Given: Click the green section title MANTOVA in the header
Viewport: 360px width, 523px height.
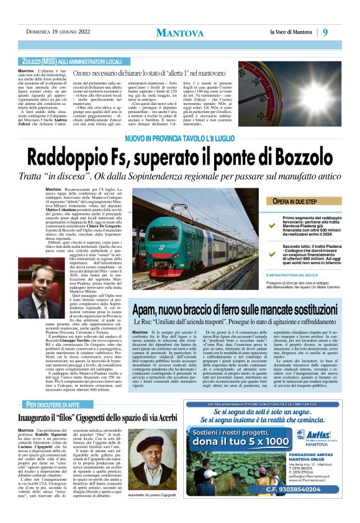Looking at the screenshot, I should click(179, 32).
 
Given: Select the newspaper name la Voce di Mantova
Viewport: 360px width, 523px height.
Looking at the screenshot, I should click(297, 32).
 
